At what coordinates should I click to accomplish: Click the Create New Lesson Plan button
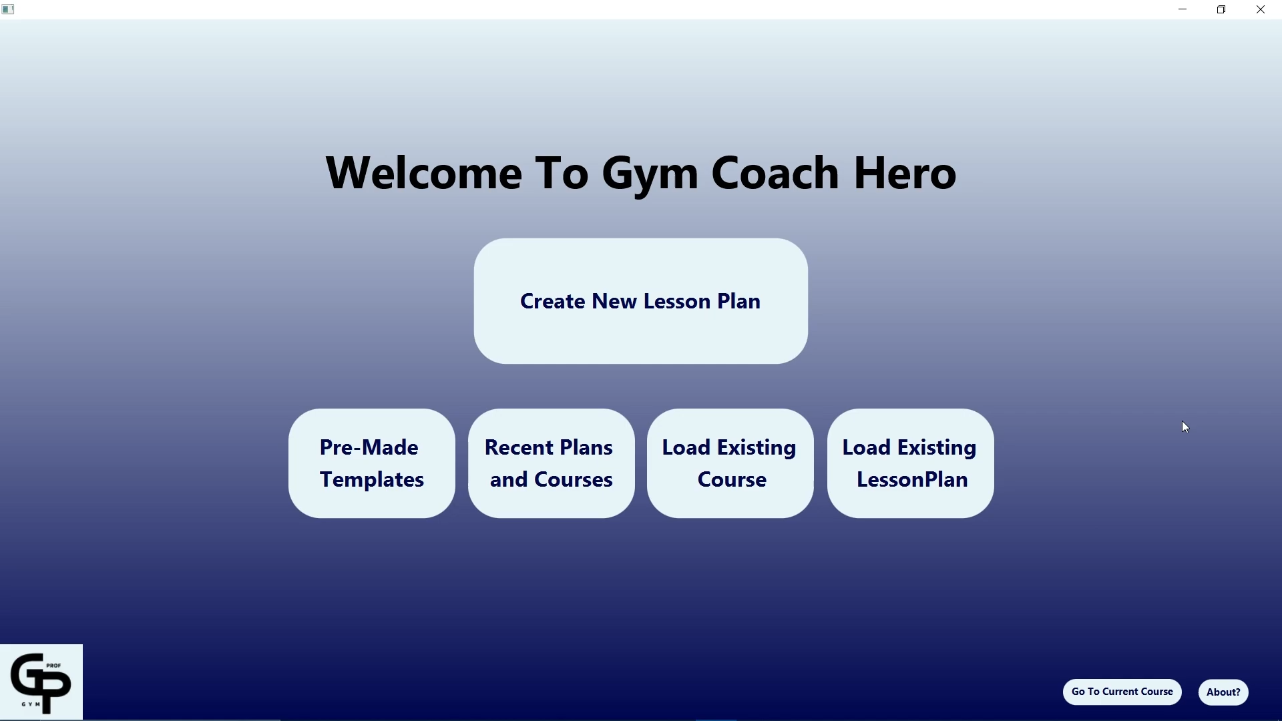(640, 301)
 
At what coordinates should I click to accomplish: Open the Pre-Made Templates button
(371, 463)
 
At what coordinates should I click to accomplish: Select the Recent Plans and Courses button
(551, 463)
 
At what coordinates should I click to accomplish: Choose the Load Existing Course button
(730, 463)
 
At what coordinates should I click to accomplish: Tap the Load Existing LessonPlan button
(910, 463)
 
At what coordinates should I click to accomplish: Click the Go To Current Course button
(1122, 692)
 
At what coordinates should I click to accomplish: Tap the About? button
(1223, 692)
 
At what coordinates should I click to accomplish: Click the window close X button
(1261, 9)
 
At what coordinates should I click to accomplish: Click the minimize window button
(1183, 9)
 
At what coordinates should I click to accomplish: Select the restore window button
(1222, 9)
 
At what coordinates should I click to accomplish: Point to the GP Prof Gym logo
(41, 682)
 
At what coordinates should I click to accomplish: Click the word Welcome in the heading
(423, 173)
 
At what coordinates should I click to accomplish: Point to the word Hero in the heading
(905, 173)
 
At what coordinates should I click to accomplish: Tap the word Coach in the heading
(775, 173)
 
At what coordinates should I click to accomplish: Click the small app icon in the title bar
(8, 9)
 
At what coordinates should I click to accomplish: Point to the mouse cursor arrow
(1186, 427)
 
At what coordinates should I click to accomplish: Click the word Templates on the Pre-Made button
(372, 480)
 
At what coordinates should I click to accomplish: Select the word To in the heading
(562, 173)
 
